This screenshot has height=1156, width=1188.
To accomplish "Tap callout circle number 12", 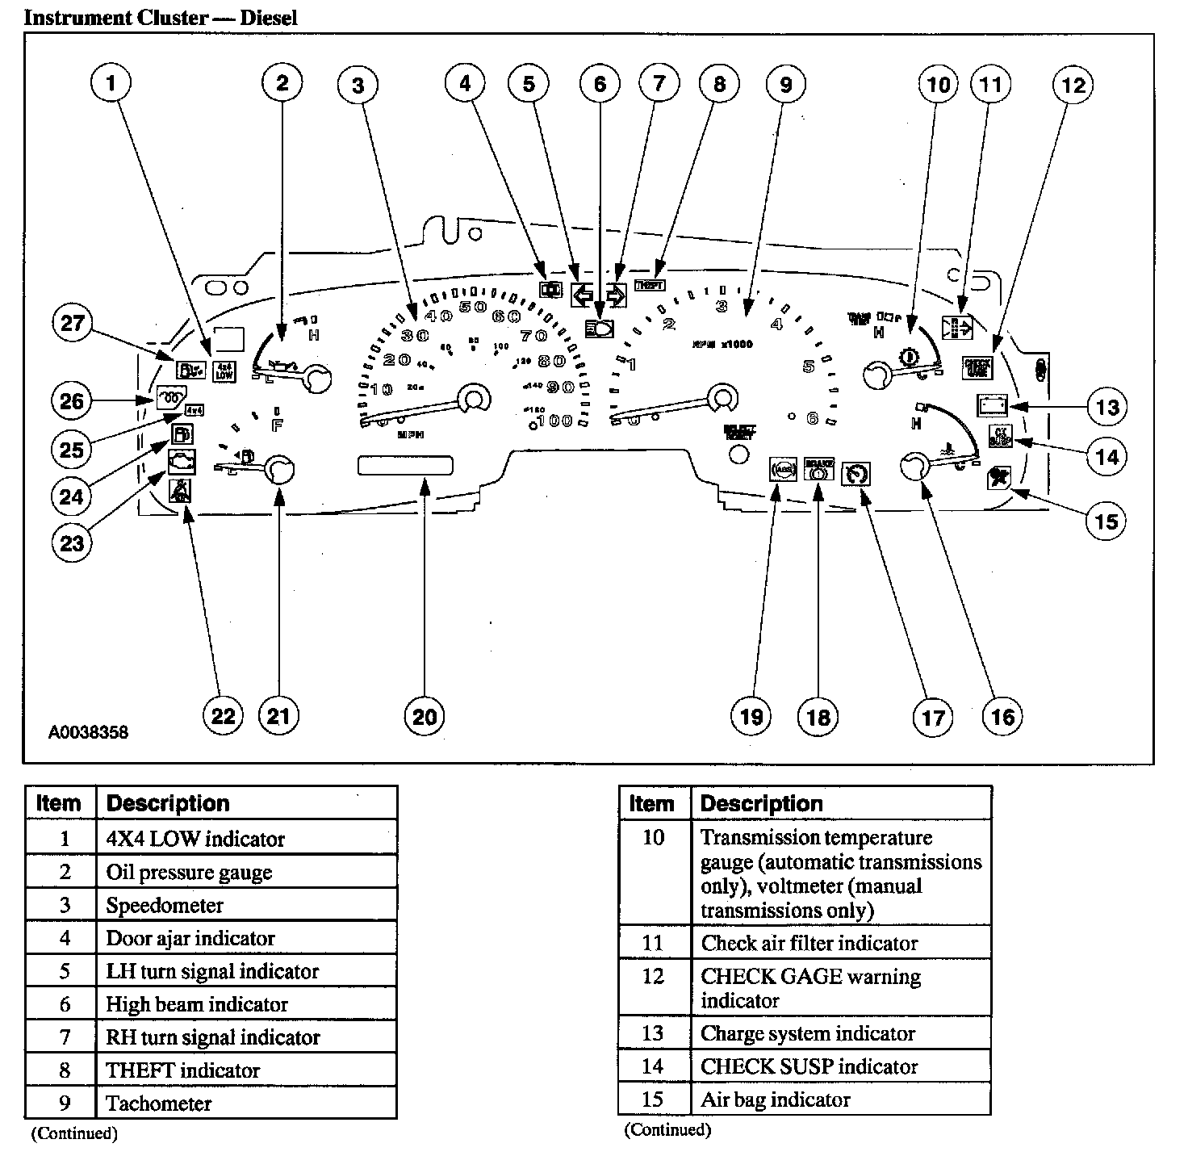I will [x=1073, y=84].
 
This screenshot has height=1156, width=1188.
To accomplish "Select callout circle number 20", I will [x=425, y=716].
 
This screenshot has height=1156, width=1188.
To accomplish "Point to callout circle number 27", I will [x=73, y=323].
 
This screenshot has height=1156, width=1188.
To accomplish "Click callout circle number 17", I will [x=933, y=716].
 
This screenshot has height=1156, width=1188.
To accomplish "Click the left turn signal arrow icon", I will [x=581, y=295].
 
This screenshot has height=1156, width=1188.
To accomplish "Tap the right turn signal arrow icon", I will [x=616, y=295].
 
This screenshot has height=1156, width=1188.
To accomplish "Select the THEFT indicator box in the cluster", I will [x=650, y=284].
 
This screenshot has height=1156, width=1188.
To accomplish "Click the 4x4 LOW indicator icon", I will [x=224, y=371].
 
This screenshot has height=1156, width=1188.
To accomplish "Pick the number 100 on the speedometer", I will [x=556, y=421].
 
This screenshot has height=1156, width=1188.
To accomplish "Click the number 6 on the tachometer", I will [x=813, y=417].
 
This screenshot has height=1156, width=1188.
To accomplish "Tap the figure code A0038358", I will [x=88, y=733].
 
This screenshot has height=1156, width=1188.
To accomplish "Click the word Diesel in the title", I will [x=269, y=17].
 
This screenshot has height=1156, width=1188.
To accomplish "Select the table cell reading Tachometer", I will [x=159, y=1104].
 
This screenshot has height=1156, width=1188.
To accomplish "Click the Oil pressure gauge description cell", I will [x=189, y=872].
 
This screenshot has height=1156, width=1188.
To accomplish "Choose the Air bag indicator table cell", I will [x=775, y=1099].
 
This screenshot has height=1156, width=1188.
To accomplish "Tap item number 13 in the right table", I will [x=652, y=1033].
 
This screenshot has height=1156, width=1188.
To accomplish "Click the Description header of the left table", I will [x=168, y=803].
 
